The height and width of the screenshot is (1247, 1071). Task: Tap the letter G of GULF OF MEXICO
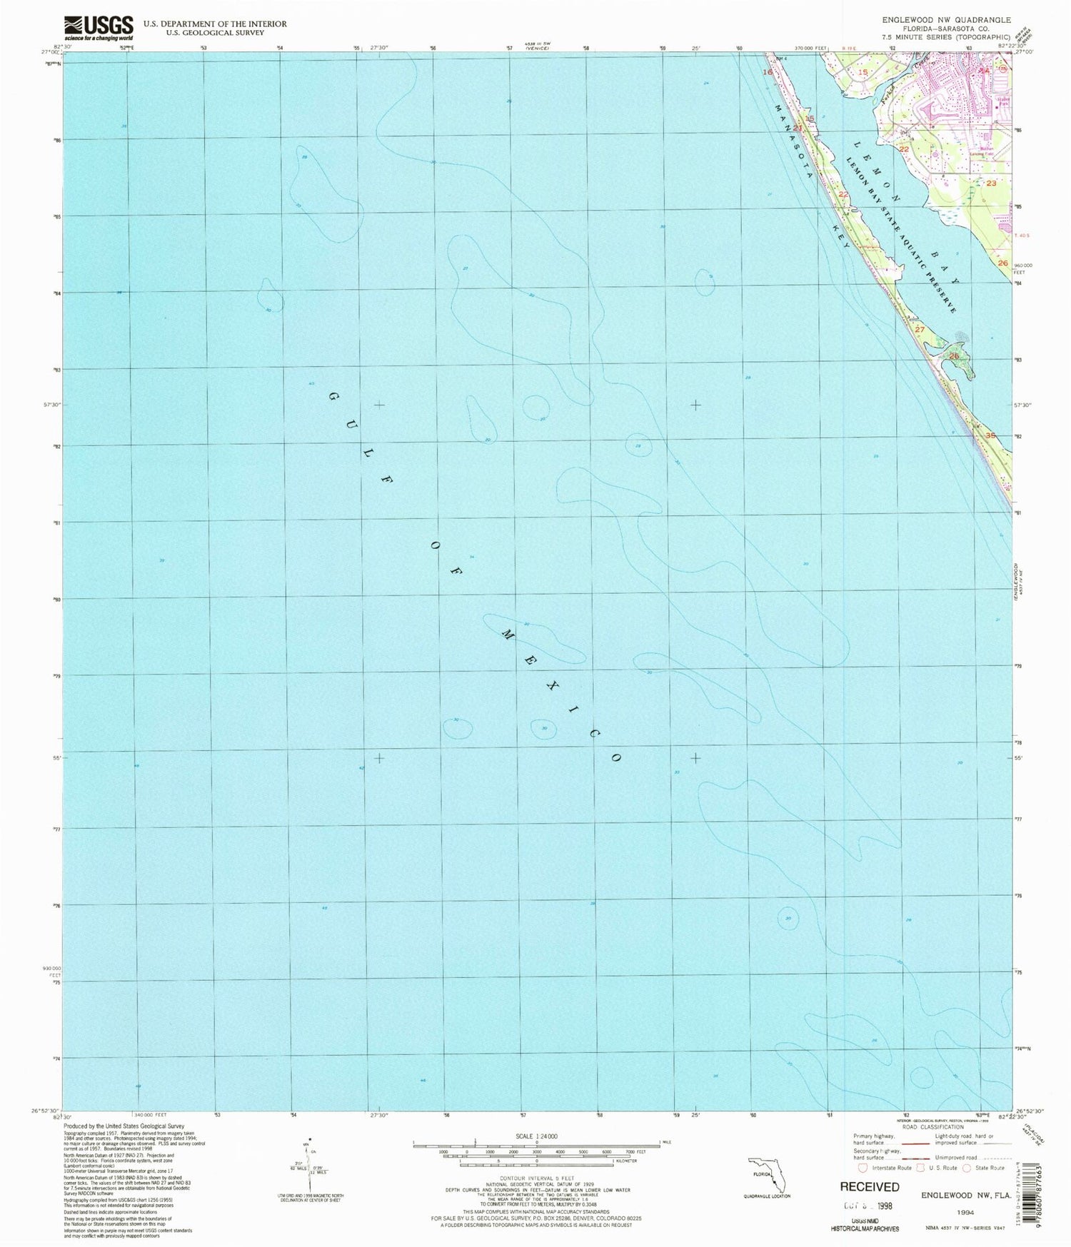click(x=333, y=395)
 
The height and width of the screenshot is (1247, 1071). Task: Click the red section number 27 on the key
click(x=920, y=330)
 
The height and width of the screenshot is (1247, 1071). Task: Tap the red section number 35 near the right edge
click(x=990, y=435)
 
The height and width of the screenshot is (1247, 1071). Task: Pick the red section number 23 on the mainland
click(x=991, y=183)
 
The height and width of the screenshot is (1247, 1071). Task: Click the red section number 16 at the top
click(x=768, y=72)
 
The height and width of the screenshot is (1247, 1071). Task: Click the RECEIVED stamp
click(x=869, y=1187)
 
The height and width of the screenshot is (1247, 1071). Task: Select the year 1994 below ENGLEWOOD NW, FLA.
click(x=966, y=1211)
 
